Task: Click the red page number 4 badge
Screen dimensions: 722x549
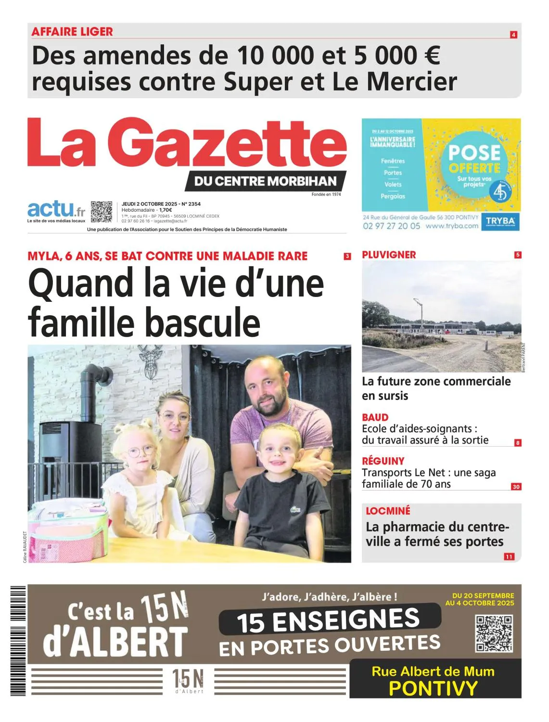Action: click(x=513, y=35)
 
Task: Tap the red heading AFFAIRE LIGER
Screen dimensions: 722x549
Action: click(x=72, y=32)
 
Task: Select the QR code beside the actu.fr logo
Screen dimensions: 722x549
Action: click(x=102, y=211)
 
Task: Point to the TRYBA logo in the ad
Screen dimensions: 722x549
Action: click(x=500, y=221)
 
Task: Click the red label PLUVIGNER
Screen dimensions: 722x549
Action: click(x=389, y=255)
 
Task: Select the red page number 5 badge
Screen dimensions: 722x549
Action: click(x=518, y=255)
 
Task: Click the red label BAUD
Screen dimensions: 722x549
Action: click(x=375, y=417)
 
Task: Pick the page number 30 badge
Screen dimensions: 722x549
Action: click(x=516, y=487)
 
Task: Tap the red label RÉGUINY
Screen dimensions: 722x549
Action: click(x=383, y=461)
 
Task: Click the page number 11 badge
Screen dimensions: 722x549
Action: click(x=509, y=556)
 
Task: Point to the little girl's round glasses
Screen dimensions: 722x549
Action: click(x=140, y=452)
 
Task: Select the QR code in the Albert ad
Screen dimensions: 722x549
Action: click(x=494, y=633)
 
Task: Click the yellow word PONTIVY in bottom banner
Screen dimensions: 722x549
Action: click(x=433, y=688)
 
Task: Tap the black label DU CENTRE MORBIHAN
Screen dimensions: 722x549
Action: click(x=265, y=181)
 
